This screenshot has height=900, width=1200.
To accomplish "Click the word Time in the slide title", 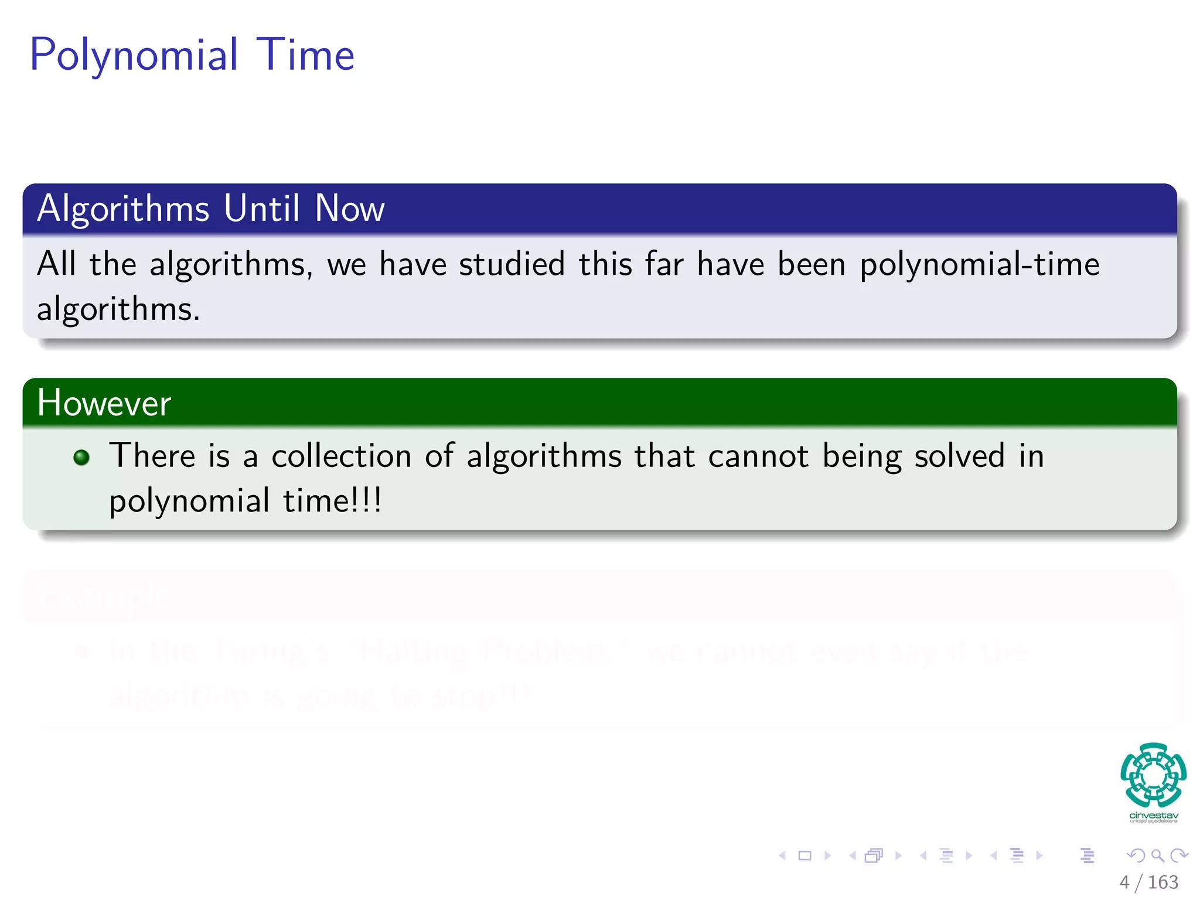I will (x=305, y=54).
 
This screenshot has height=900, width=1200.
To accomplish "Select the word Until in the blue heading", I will (x=262, y=208).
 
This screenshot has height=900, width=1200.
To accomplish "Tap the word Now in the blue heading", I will (x=349, y=208).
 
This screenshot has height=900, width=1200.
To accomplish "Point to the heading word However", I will (x=104, y=403).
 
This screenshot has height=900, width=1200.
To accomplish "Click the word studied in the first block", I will (x=512, y=264).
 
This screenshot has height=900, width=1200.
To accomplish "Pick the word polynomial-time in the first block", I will (x=979, y=265).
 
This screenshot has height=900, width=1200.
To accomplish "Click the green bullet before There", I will (x=81, y=457).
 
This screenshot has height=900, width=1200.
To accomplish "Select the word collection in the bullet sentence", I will (x=341, y=456).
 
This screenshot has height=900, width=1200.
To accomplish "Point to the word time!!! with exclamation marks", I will (x=332, y=501).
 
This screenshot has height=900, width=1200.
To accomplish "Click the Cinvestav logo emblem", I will (x=1153, y=775).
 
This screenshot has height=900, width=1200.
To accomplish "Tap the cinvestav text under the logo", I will (x=1153, y=816).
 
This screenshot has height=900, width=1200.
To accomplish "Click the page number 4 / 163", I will (x=1148, y=882).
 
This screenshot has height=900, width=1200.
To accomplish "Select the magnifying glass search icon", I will (x=1157, y=855).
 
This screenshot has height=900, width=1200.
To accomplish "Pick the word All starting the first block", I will (x=56, y=264).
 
